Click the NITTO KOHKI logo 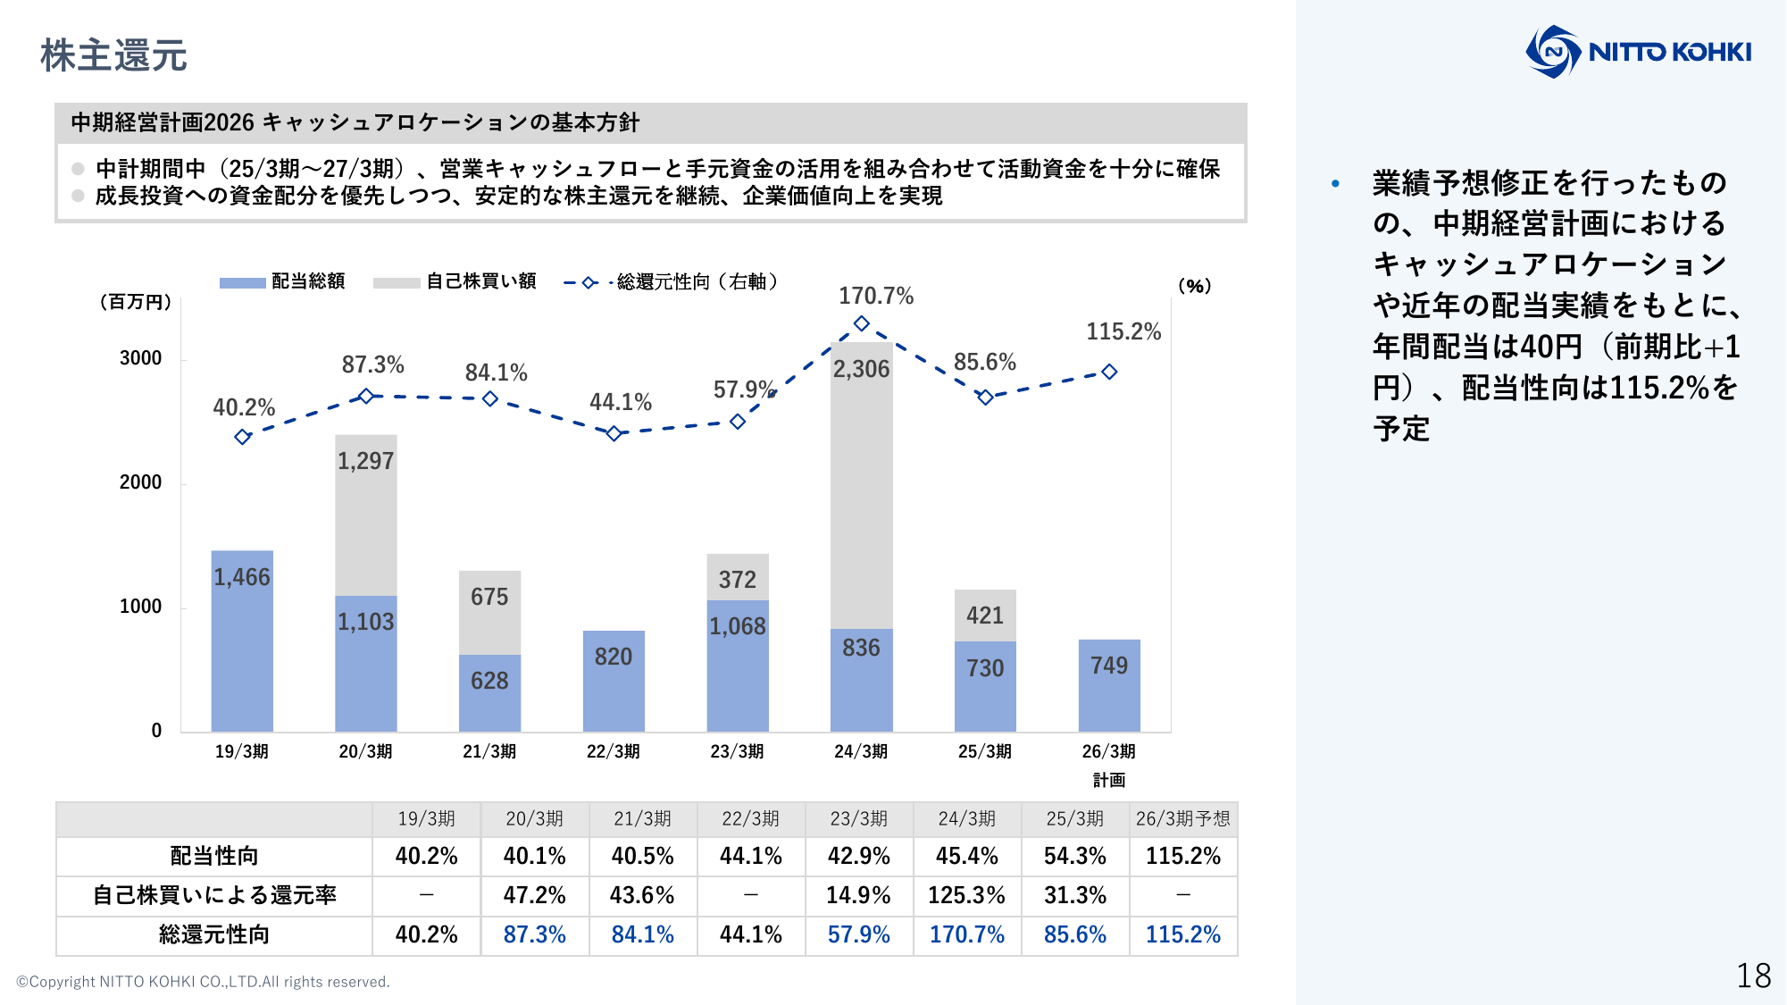[x=1638, y=52]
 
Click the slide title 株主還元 [x=113, y=55]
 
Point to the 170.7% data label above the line [x=875, y=296]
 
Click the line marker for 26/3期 [x=1109, y=372]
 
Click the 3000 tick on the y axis [x=141, y=358]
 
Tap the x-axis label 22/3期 [x=613, y=751]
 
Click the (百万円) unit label [x=135, y=302]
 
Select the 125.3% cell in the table [x=966, y=895]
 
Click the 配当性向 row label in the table [x=214, y=856]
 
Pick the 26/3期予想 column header [x=1182, y=818]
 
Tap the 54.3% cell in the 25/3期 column [x=1074, y=856]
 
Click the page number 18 [x=1753, y=976]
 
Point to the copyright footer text [x=203, y=982]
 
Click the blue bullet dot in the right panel [x=1335, y=184]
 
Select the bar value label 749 [x=1108, y=666]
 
